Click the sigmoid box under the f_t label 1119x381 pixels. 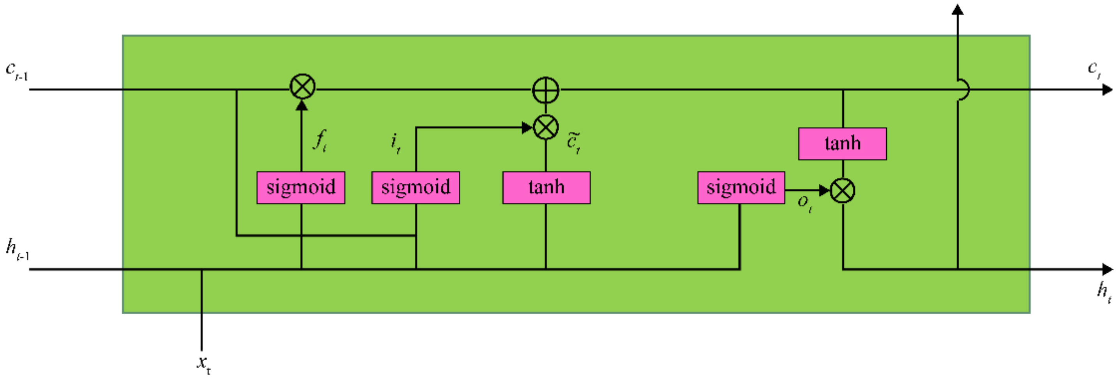[x=301, y=188]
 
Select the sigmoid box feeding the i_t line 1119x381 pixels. [x=415, y=188]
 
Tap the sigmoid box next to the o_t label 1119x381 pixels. [x=741, y=188]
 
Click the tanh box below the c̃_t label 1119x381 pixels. [x=546, y=188]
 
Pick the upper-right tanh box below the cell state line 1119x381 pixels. [x=842, y=144]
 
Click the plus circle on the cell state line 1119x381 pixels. [x=546, y=90]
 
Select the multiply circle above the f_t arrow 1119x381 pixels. [x=302, y=87]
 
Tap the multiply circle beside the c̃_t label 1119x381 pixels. [x=546, y=127]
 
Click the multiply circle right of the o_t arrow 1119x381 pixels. [x=842, y=191]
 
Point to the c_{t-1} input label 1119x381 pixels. [x=16, y=71]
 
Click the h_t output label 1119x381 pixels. [x=1104, y=291]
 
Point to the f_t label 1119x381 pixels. [x=320, y=140]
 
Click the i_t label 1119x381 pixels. [x=395, y=143]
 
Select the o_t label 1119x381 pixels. [x=804, y=203]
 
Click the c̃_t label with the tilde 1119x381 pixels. [x=573, y=142]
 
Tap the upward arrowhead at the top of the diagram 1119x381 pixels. [x=957, y=10]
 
